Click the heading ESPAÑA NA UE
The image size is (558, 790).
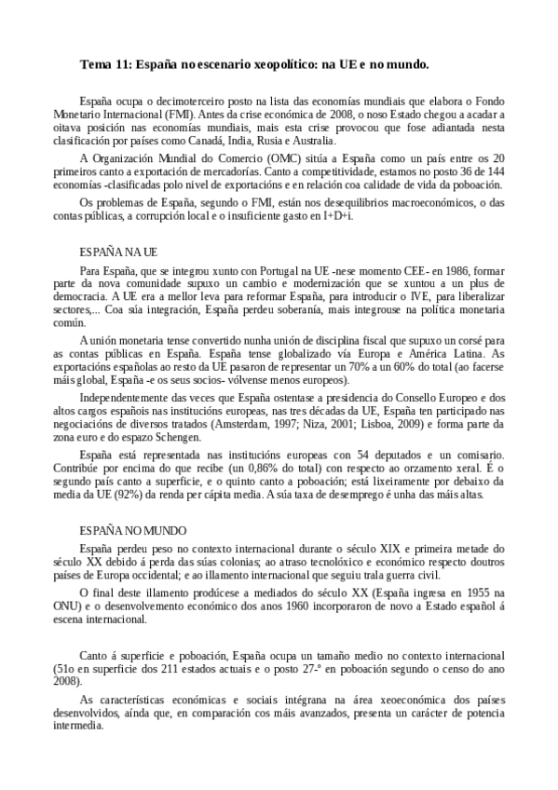pyautogui.click(x=117, y=252)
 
